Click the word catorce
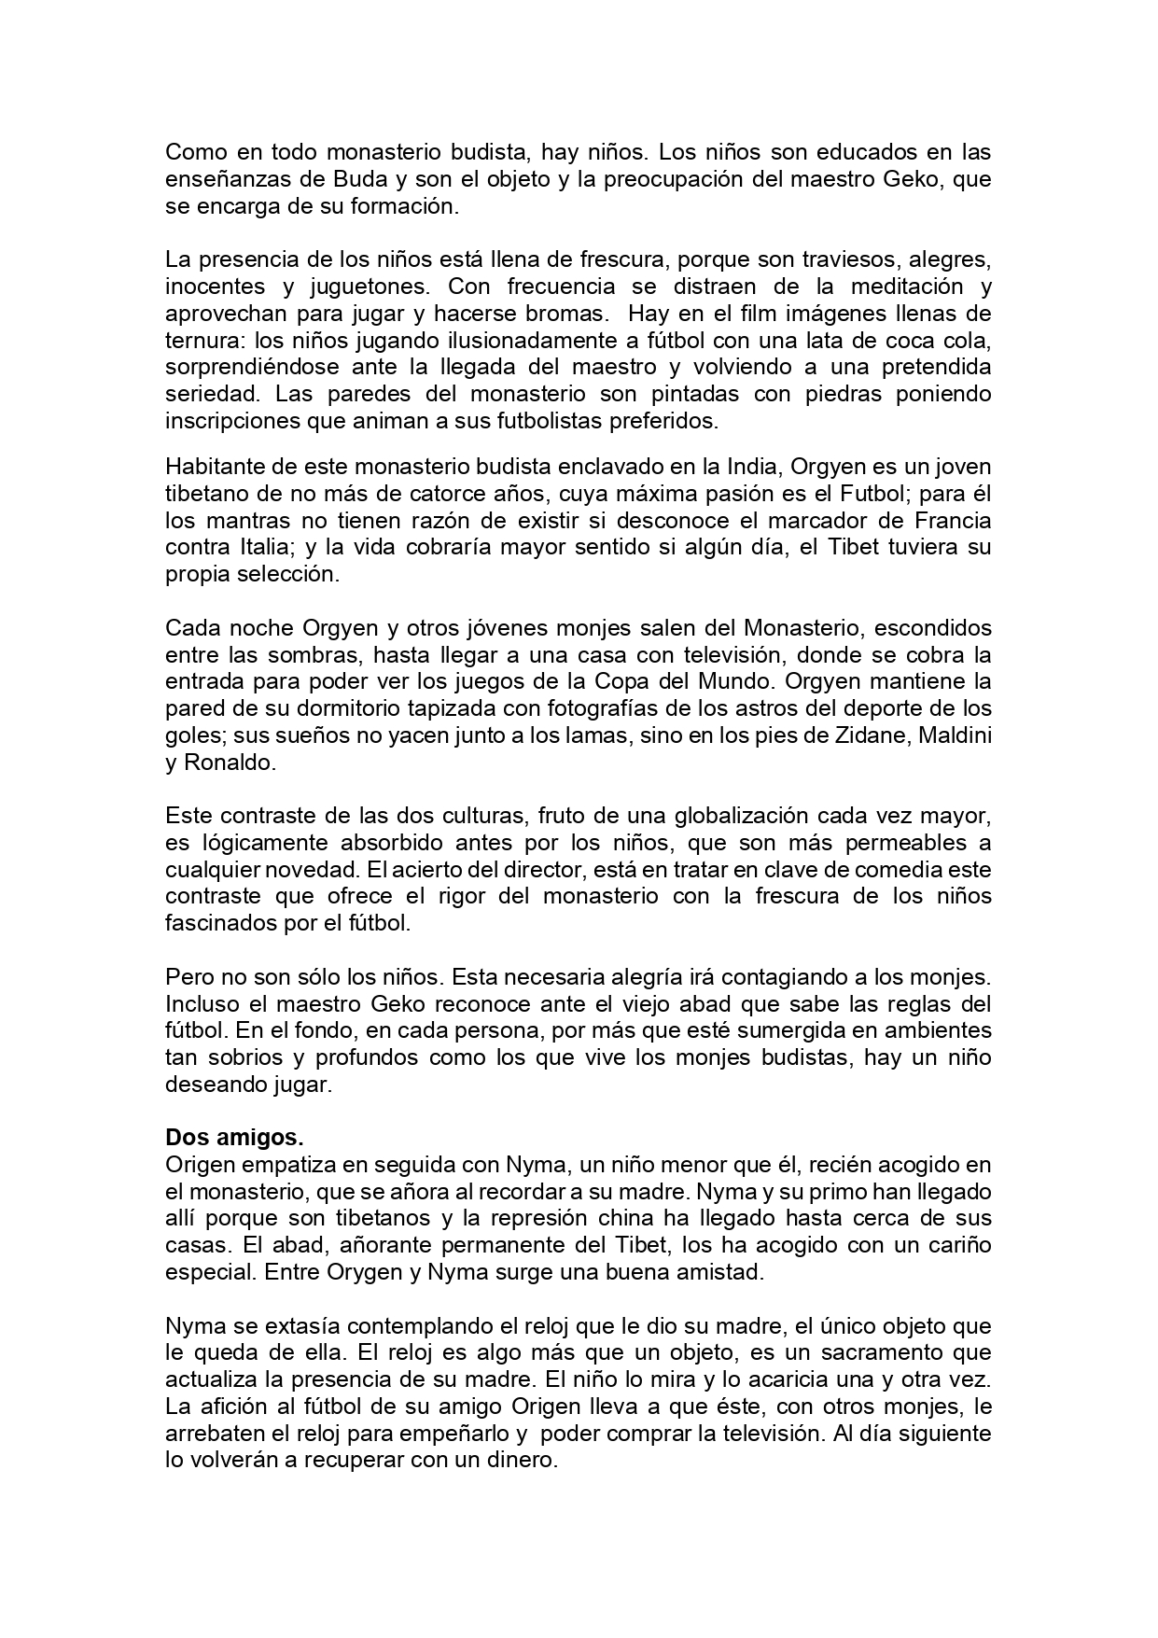[x=427, y=492]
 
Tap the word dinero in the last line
[x=522, y=1460]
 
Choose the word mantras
[x=241, y=519]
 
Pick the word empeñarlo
[x=464, y=1433]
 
